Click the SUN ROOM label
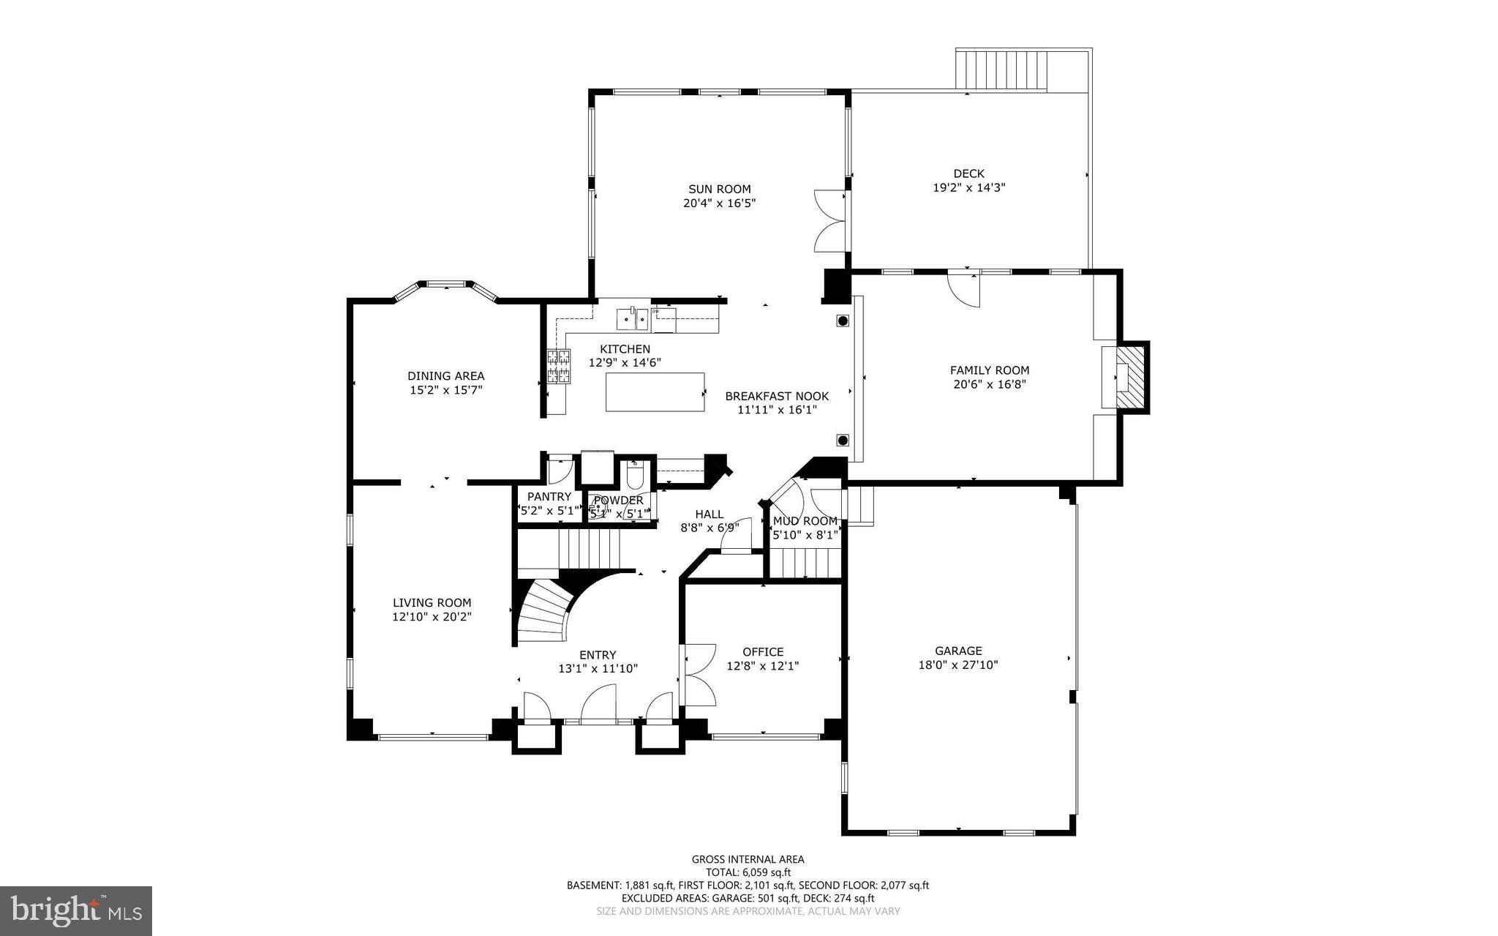tap(719, 189)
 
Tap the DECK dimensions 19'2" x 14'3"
tap(968, 187)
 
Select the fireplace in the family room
tap(1130, 377)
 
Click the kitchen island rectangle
tap(655, 392)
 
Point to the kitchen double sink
tap(633, 318)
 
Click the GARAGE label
tap(958, 651)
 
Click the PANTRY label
tap(549, 497)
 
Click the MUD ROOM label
tap(805, 521)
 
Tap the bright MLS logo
tap(76, 910)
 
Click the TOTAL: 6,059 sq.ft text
tap(748, 872)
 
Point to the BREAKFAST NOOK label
tap(777, 396)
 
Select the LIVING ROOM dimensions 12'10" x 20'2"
tap(432, 617)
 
